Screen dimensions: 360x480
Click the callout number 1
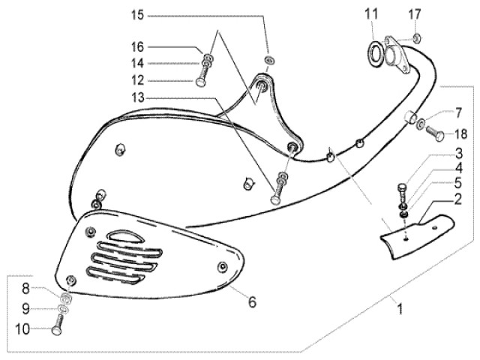click(399, 307)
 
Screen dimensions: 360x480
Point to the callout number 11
click(373, 13)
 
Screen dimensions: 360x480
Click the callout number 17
click(415, 13)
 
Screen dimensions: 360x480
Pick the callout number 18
click(462, 135)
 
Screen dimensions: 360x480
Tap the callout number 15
click(137, 15)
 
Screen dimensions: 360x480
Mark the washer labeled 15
click(268, 58)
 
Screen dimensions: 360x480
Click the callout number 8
click(25, 288)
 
